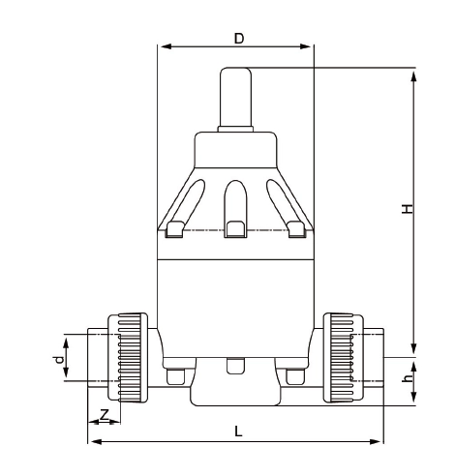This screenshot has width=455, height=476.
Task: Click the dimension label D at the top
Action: [x=238, y=38]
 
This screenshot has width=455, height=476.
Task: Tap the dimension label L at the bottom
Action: [x=238, y=431]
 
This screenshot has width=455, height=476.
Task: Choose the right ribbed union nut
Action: [x=340, y=357]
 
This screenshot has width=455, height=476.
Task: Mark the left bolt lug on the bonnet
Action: [x=176, y=228]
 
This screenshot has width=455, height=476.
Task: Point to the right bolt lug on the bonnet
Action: [x=296, y=228]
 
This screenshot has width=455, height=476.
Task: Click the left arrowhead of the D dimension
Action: [x=163, y=45]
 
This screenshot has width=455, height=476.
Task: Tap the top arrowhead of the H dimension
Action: [x=413, y=74]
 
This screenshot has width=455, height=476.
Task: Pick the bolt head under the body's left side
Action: [x=174, y=375]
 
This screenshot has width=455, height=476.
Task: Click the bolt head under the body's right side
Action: [x=293, y=375]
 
